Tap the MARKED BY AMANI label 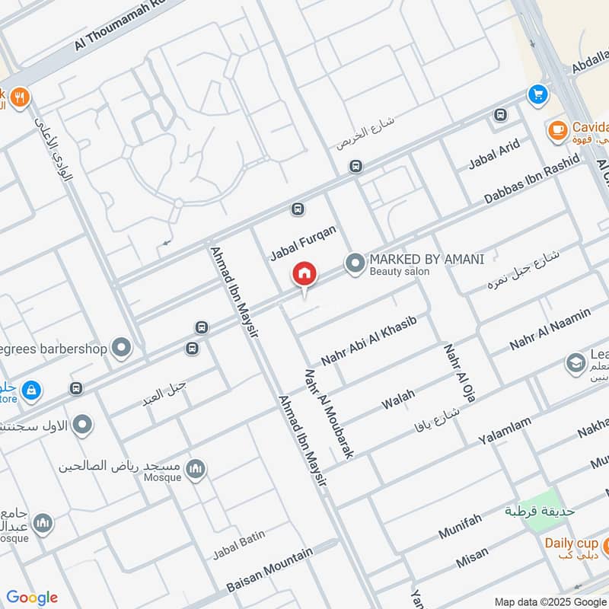pos(426,259)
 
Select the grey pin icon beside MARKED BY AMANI pos(354,264)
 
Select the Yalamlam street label pos(505,432)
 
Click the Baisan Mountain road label pos(269,570)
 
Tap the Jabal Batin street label pos(239,544)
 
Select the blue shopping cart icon pos(538,94)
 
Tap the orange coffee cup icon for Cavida pos(557,130)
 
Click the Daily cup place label pos(571,543)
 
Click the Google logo pos(32,598)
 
